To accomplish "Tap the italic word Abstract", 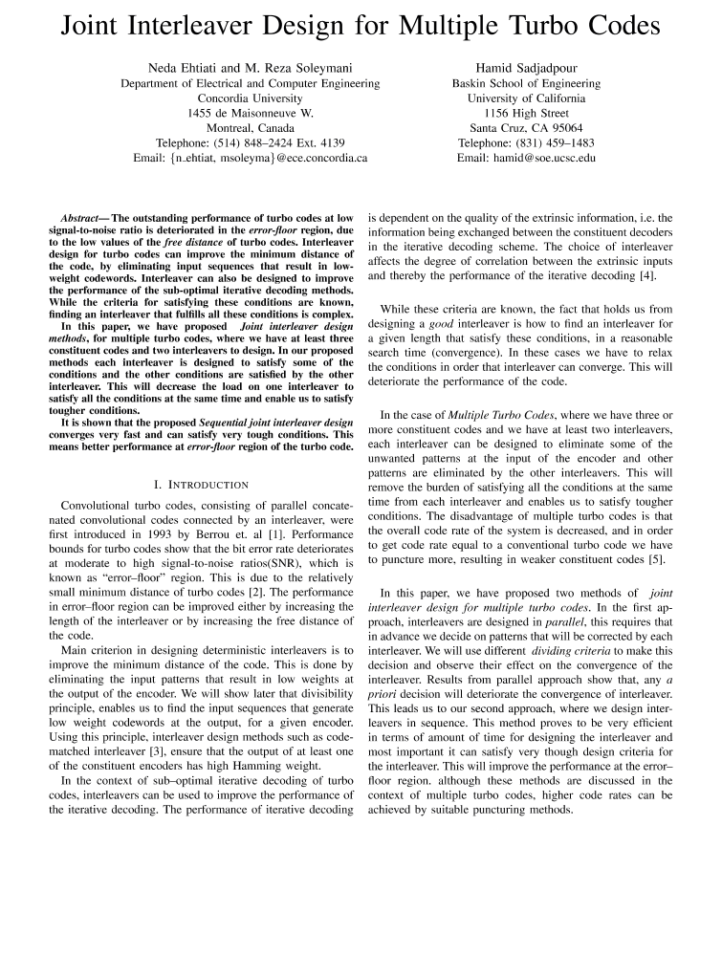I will point(82,218).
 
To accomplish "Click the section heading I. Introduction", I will point(202,485).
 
